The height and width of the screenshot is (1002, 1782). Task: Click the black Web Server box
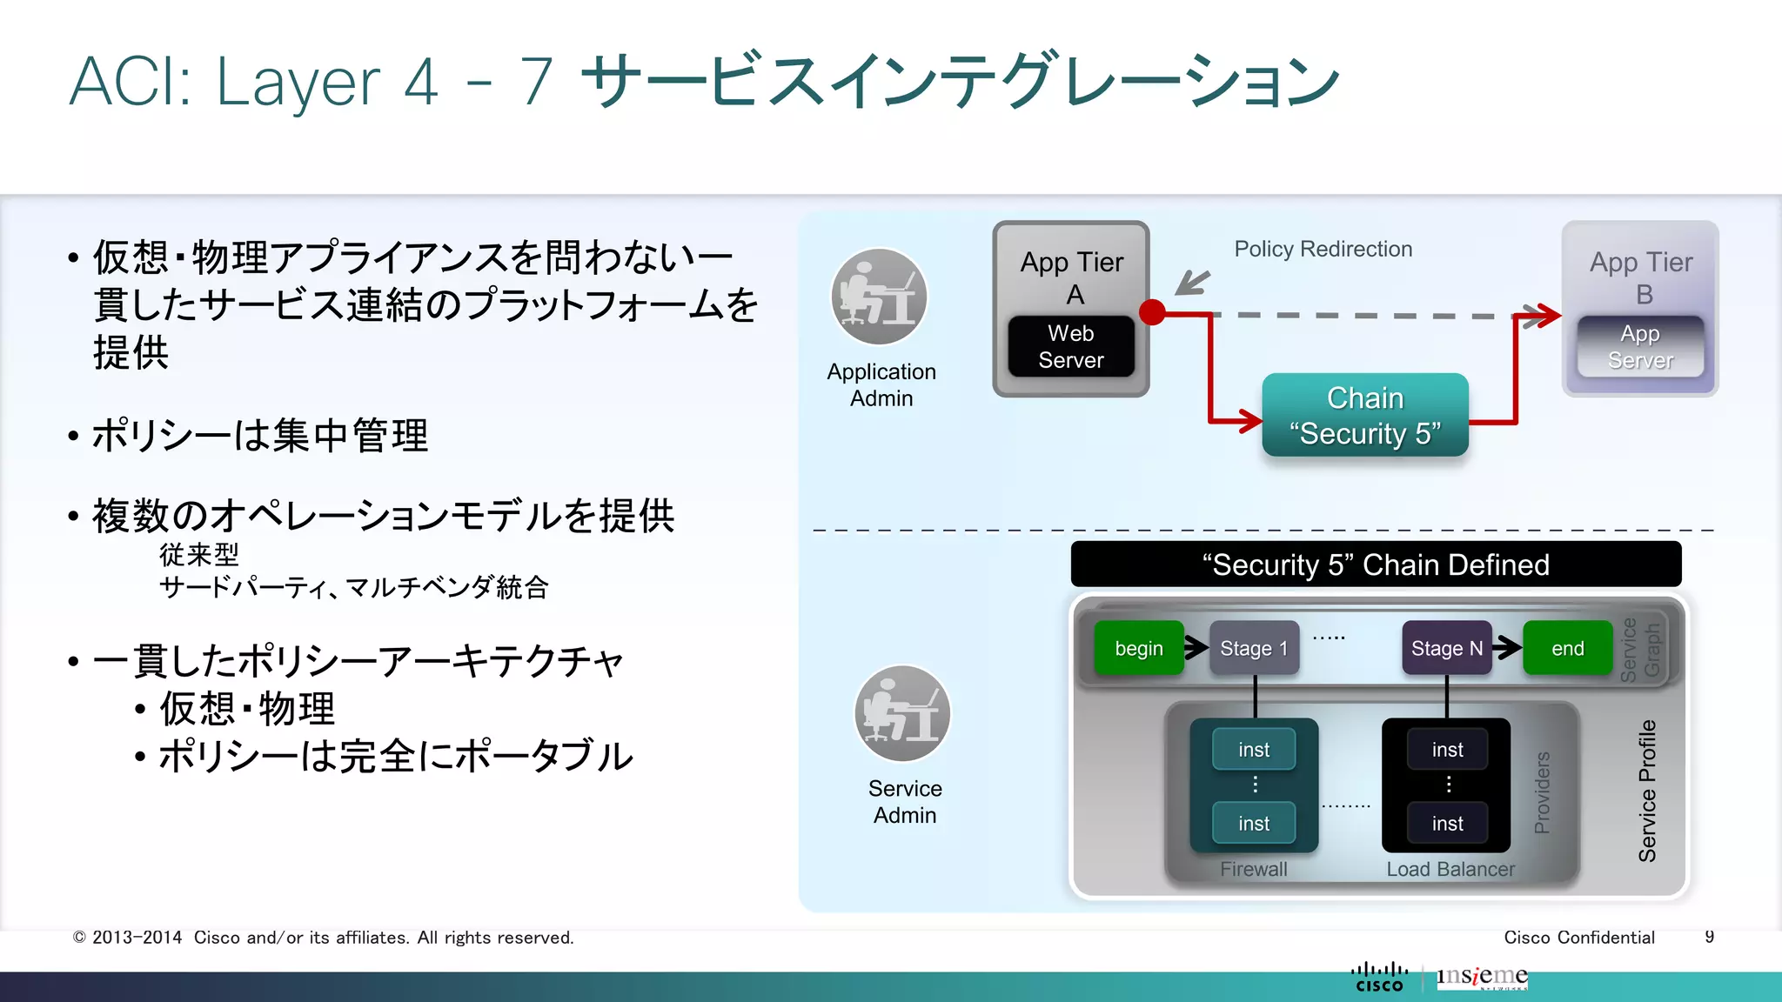coord(1071,346)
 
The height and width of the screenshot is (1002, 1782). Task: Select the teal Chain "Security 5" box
coord(1364,416)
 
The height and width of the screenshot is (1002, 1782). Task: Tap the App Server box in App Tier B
coord(1640,346)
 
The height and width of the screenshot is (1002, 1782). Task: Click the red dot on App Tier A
coord(1152,312)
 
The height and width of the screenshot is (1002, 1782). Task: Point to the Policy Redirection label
coord(1323,250)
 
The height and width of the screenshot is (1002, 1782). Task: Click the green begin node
coord(1138,648)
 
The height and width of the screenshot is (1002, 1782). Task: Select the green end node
coord(1567,648)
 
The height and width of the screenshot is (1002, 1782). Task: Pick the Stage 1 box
coord(1254,648)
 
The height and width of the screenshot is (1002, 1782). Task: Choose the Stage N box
coord(1446,648)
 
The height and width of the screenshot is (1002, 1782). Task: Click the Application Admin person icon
coord(880,297)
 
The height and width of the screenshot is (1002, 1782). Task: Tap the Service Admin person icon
coord(902,714)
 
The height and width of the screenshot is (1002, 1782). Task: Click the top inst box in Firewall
coord(1254,749)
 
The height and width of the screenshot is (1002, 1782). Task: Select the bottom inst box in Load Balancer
coord(1447,823)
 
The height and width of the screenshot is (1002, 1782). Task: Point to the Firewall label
coord(1253,869)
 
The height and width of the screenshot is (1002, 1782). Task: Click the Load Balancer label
coord(1450,869)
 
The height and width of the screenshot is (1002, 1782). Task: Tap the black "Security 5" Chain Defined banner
coord(1376,564)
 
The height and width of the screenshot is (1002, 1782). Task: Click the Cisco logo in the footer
coord(1379,978)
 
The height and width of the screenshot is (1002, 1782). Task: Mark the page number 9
coord(1709,937)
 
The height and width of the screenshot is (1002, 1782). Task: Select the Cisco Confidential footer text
coord(1578,937)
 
